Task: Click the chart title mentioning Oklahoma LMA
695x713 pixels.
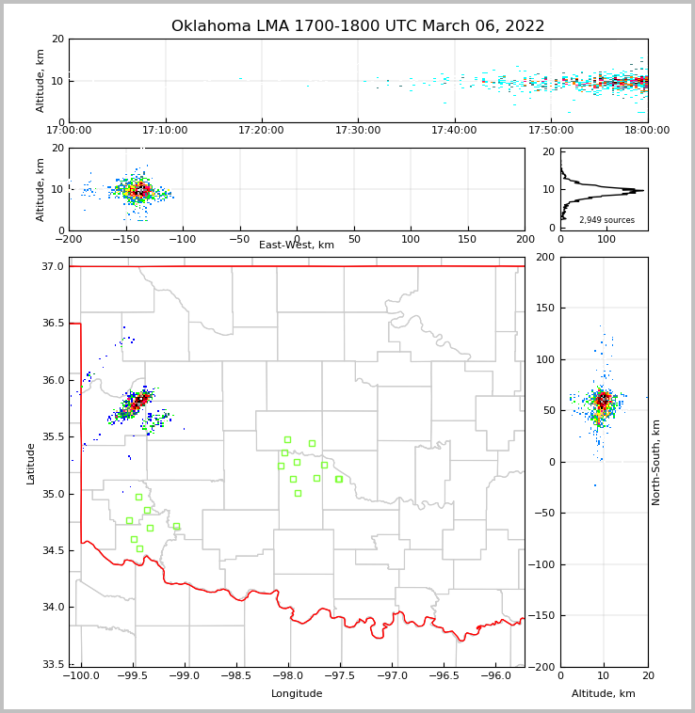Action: click(358, 26)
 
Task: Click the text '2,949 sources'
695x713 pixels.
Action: click(606, 220)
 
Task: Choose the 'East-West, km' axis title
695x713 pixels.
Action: click(297, 246)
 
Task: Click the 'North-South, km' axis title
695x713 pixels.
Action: click(656, 462)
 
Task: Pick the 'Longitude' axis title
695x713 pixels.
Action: click(297, 694)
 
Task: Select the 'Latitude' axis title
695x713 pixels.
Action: click(31, 463)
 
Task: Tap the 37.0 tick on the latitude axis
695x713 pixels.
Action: click(53, 267)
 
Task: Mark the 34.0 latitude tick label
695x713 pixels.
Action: click(53, 608)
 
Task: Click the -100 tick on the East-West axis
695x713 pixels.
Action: click(183, 238)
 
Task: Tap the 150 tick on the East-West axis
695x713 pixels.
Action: click(468, 238)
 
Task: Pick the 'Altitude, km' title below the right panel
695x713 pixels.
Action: click(604, 694)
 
